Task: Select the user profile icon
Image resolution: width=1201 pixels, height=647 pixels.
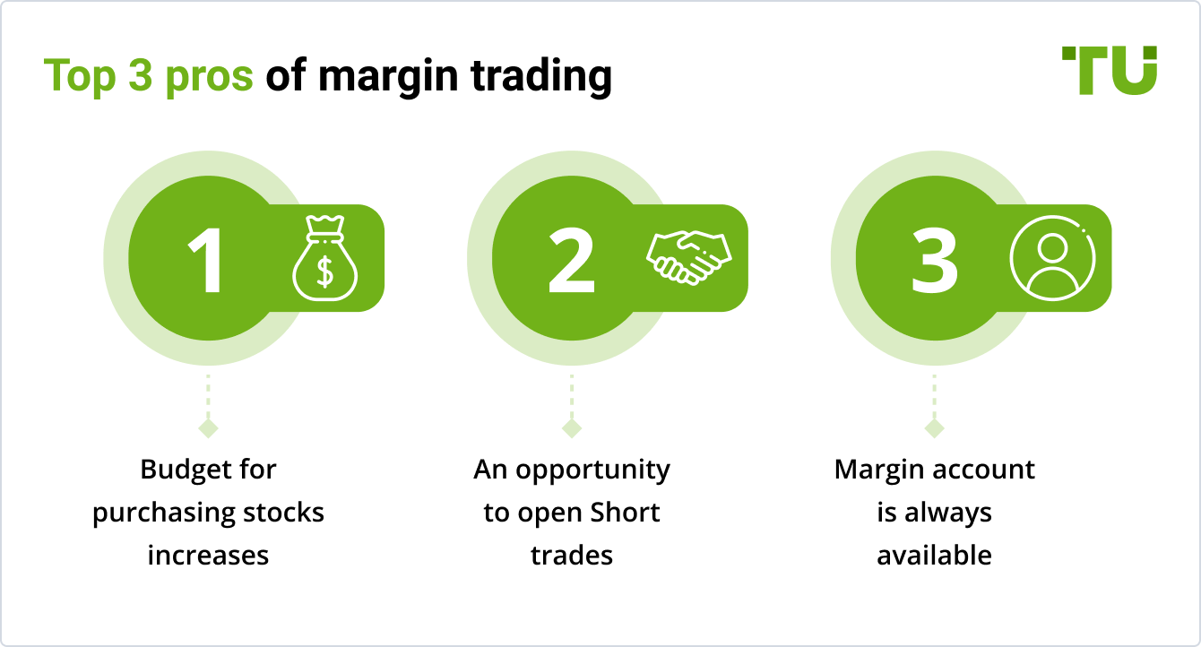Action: point(1052,257)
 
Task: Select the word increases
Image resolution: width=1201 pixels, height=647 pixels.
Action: point(208,556)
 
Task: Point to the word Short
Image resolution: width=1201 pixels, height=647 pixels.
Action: point(625,513)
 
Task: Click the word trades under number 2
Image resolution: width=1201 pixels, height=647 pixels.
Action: point(572,556)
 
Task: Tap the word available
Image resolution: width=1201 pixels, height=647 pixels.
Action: point(934,556)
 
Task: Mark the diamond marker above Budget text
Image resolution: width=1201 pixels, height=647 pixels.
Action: point(208,428)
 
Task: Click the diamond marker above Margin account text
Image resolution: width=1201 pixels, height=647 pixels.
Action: point(935,428)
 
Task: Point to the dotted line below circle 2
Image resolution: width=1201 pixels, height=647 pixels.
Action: point(572,395)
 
